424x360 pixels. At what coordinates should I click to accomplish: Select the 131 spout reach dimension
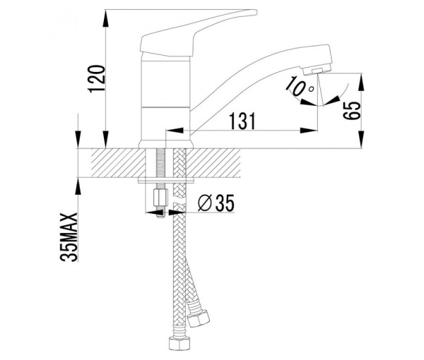coord(242,121)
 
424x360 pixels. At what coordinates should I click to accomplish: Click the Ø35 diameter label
coord(216,203)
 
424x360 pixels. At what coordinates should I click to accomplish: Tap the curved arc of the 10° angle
coord(338,94)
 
